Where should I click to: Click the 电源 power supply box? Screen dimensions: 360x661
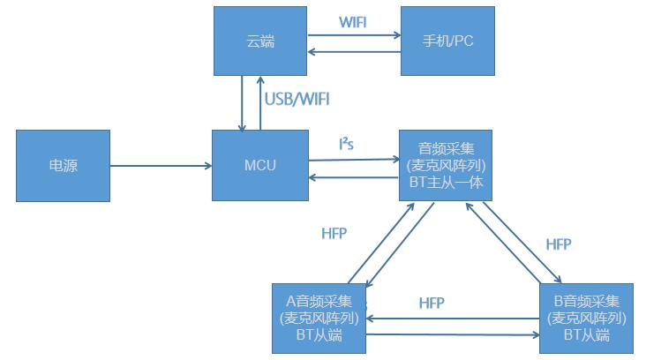coord(63,165)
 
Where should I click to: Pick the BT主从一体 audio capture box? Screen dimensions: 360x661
coord(444,165)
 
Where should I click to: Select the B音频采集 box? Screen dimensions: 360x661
coord(587,317)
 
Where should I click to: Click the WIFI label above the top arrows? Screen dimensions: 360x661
coord(353,20)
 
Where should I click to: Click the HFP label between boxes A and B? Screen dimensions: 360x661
coord(431,303)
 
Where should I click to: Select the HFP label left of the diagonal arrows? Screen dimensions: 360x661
coord(334,234)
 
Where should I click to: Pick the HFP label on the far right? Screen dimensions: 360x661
coord(559,244)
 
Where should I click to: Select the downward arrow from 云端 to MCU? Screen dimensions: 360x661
coord(242,102)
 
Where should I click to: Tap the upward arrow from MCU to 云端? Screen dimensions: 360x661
coord(260,102)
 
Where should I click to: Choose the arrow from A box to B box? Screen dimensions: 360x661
coord(453,334)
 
